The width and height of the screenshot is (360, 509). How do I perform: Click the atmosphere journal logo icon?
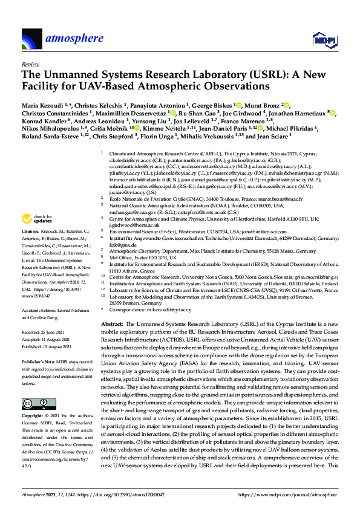[x=31, y=39]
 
